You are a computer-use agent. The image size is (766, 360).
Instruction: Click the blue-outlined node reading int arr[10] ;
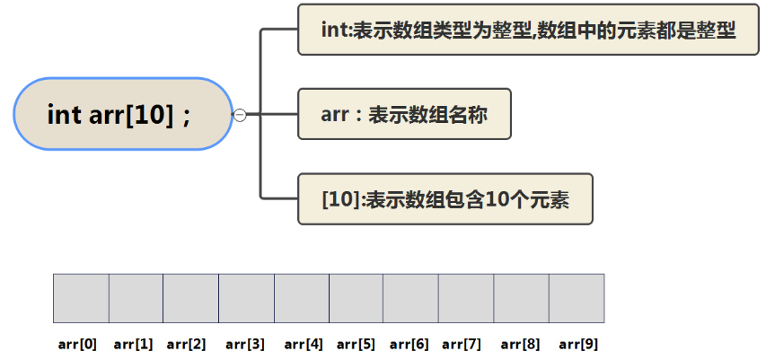123,114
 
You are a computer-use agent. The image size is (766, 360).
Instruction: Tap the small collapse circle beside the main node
240,114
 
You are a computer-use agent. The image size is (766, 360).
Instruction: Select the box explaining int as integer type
527,30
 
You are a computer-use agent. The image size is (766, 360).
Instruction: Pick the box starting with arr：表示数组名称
404,114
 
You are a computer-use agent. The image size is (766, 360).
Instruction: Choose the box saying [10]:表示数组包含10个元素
445,198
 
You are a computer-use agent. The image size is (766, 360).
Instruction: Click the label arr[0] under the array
78,344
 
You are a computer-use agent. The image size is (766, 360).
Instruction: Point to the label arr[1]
133,344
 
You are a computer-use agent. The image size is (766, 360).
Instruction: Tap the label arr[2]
187,344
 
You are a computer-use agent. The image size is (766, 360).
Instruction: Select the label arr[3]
245,344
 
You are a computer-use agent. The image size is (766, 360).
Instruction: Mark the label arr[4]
304,344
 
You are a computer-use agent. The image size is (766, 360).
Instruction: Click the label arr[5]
357,344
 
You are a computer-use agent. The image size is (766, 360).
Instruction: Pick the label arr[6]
409,344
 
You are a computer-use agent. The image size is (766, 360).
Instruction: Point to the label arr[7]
462,344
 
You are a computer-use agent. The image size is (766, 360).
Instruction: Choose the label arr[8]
521,344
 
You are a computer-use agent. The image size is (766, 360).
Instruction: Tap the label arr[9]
578,344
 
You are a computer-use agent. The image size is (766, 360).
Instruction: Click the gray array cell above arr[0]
81,298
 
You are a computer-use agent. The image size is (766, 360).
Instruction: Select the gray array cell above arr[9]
577,298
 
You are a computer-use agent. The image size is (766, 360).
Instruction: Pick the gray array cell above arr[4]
302,298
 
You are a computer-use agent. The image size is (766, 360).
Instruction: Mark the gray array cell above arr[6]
410,298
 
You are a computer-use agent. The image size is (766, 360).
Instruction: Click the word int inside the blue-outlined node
64,115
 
